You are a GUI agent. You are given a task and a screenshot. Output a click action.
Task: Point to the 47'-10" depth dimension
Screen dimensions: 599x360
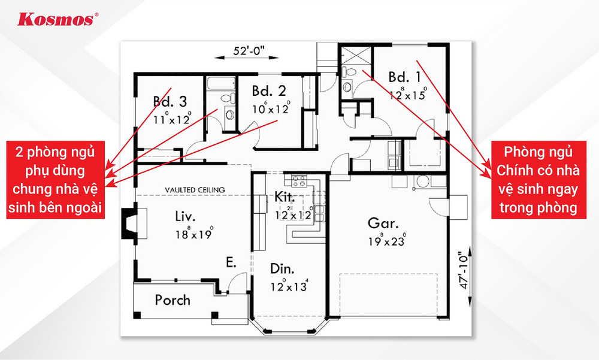463,270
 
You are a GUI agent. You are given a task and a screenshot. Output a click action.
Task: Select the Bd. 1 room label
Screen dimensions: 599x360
404,77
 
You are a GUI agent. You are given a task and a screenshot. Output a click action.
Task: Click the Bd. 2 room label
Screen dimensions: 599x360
268,91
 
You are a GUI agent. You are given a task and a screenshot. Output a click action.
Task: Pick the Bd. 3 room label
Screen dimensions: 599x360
170,101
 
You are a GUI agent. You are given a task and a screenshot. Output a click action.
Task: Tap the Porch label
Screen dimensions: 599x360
173,300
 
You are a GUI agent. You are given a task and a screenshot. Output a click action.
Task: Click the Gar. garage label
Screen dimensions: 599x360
383,222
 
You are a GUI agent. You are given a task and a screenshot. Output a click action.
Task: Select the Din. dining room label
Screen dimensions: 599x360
282,269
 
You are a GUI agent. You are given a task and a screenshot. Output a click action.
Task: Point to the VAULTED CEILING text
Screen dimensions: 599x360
195,189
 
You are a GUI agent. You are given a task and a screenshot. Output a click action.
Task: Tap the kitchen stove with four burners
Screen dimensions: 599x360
299,181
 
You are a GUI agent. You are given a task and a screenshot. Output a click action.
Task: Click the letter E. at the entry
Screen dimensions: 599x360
231,262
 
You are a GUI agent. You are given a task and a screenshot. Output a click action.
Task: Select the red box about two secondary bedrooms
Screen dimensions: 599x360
55,180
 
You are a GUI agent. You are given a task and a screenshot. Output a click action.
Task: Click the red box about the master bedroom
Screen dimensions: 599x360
539,180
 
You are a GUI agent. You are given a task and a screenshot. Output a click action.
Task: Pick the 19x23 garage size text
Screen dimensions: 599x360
387,240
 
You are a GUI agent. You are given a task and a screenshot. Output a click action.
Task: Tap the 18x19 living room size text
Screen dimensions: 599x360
194,233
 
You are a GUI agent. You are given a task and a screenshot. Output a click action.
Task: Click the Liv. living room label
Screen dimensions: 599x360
185,216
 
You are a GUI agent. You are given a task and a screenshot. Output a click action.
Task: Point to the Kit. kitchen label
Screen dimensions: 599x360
285,197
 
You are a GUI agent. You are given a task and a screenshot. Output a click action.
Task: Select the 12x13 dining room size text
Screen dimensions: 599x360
289,286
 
